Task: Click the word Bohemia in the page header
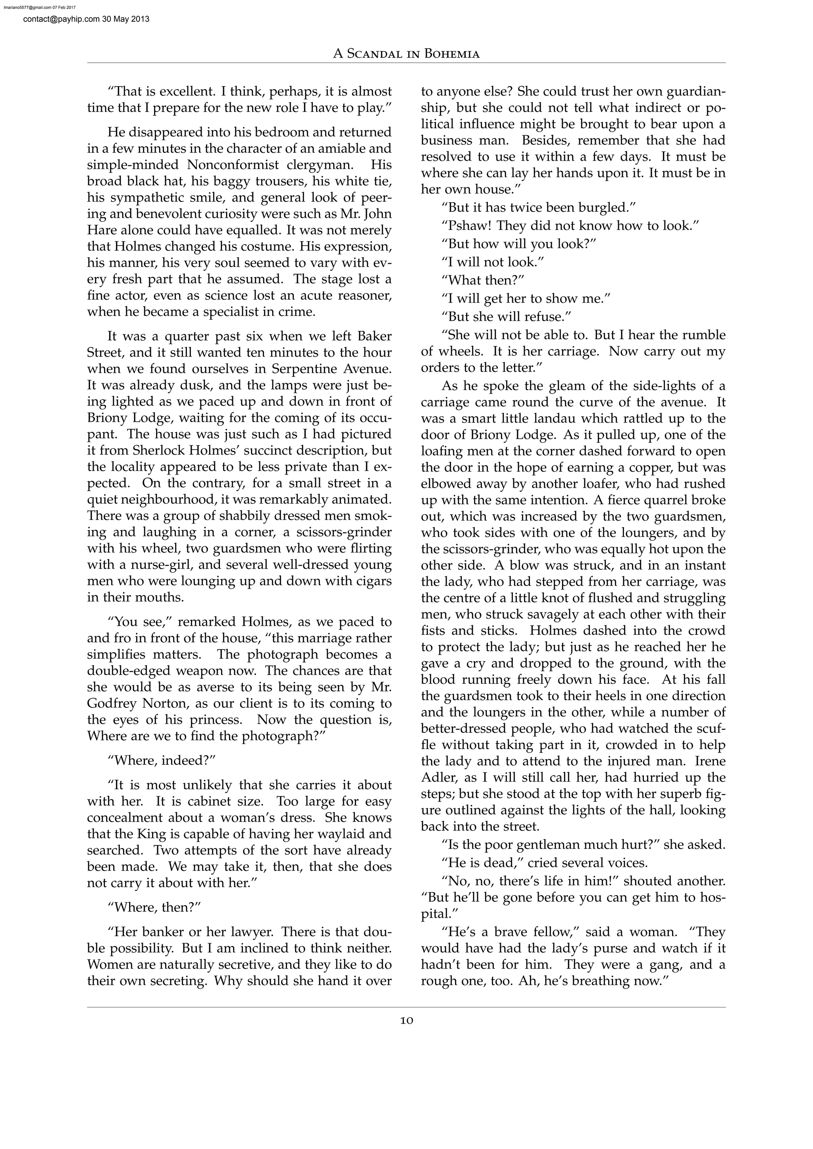click(451, 54)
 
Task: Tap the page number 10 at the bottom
click(406, 1021)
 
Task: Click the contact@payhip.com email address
click(54, 19)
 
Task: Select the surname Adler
click(437, 777)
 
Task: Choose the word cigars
click(372, 581)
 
